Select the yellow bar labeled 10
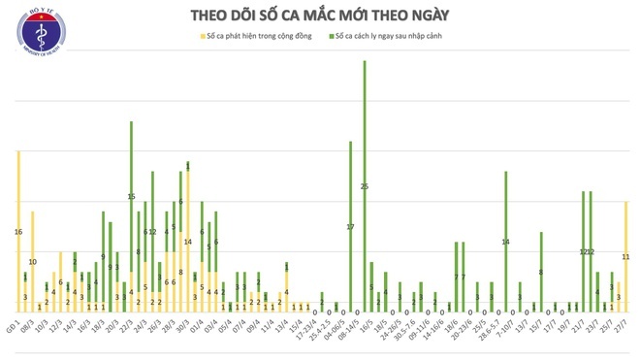pos(32,261)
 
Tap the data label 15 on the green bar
pos(131,197)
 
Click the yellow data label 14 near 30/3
pos(187,242)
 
